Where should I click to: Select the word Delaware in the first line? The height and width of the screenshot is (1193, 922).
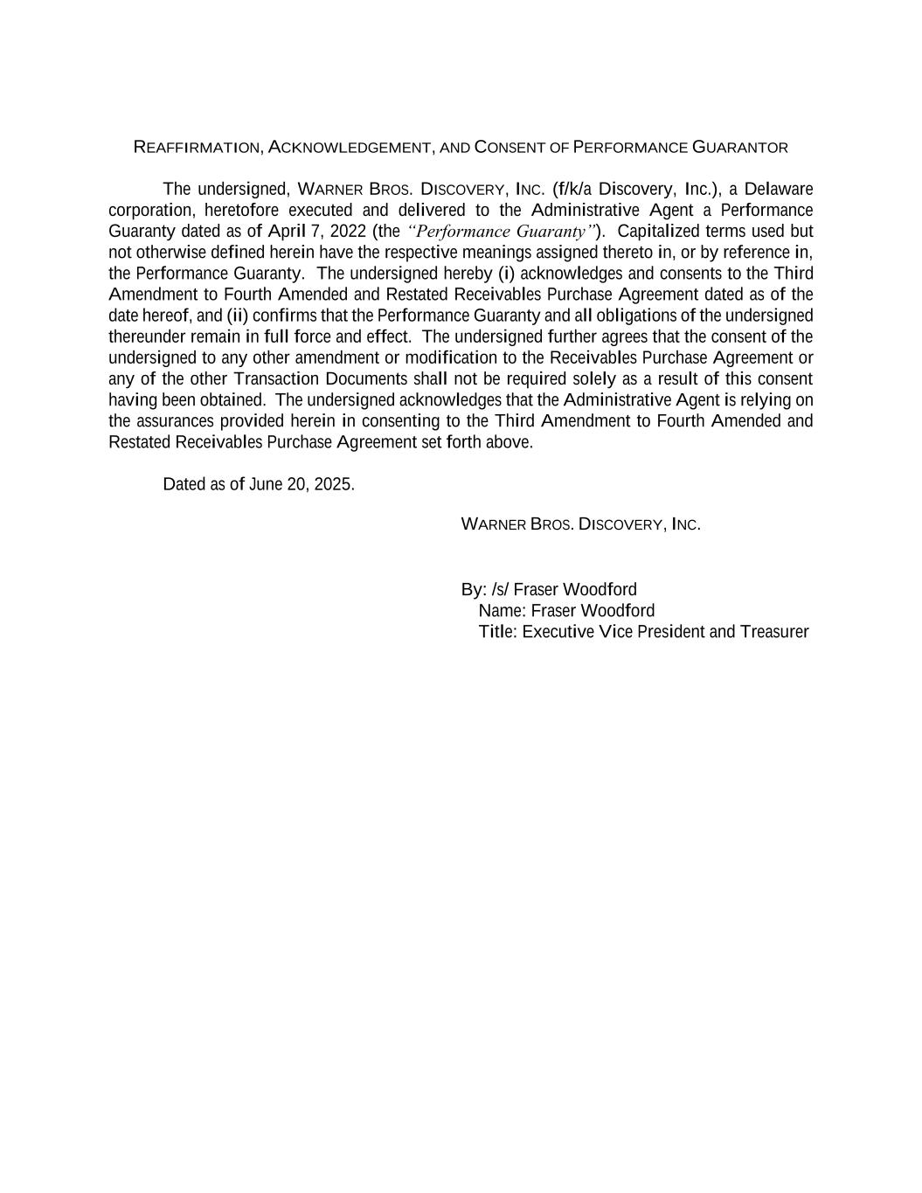click(779, 190)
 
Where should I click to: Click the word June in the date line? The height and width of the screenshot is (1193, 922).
click(265, 484)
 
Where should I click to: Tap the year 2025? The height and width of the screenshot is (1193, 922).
click(333, 484)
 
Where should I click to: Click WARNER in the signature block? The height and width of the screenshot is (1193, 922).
click(493, 524)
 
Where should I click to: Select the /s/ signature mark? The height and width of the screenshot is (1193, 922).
click(500, 589)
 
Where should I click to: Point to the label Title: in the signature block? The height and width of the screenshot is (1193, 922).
click(498, 631)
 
